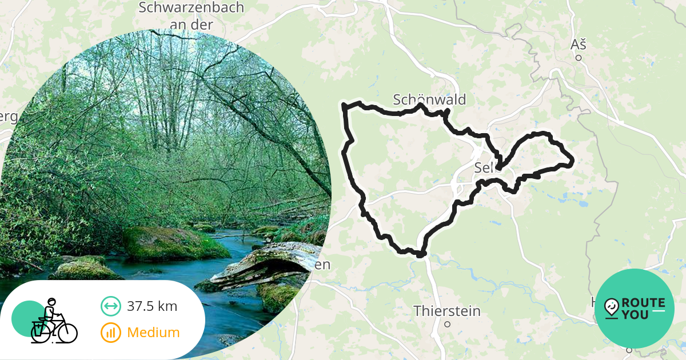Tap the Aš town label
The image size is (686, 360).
[x=579, y=45]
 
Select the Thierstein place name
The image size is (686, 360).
[x=447, y=311]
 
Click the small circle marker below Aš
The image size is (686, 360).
[x=579, y=58]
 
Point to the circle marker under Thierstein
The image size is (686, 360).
[x=448, y=324]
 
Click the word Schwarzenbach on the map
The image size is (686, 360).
[x=191, y=8]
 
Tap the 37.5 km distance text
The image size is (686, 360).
[x=152, y=306]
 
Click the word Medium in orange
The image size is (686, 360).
[x=153, y=332]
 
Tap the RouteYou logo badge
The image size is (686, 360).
[x=634, y=309]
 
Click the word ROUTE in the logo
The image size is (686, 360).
[x=643, y=303]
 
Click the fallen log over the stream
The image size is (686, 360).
[x=269, y=263]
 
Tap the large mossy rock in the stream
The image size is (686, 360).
[x=171, y=243]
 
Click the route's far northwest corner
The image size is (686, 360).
[x=344, y=105]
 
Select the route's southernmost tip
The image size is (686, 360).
[x=422, y=254]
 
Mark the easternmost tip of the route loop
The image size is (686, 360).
[x=571, y=163]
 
